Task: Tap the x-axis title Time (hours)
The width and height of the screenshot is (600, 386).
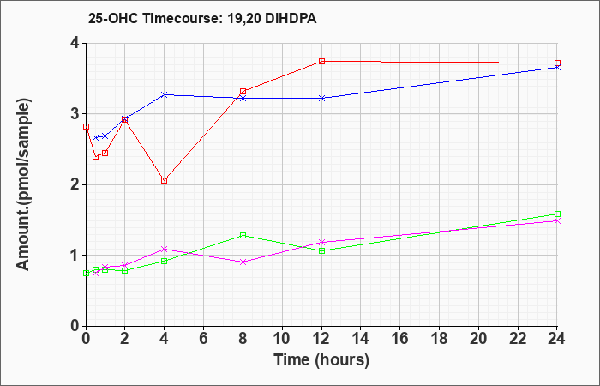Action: coord(321,360)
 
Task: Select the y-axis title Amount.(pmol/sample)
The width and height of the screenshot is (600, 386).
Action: coord(24,184)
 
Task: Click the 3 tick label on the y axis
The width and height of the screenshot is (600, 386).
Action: coord(75,114)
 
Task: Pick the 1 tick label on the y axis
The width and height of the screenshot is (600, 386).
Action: coord(75,256)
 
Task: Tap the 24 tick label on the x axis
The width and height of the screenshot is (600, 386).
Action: coord(557,339)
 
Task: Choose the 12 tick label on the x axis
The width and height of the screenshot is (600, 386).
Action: coord(321,339)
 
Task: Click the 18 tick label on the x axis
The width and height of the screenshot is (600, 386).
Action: coord(439,339)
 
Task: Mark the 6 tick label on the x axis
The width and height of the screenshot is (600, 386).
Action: coord(204,339)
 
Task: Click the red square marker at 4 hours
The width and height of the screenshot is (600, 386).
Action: coord(165,180)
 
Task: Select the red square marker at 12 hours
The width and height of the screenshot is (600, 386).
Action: coord(321,61)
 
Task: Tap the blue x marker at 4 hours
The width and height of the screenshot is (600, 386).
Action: coord(165,94)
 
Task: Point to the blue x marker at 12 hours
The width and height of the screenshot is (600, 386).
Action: coord(321,98)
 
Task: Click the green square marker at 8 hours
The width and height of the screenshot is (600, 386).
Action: coord(243,236)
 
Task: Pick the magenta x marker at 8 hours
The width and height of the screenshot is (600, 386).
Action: coord(243,262)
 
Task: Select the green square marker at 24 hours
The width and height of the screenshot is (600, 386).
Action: coord(557,214)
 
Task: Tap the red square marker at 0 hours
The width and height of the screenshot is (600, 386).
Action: coord(86,126)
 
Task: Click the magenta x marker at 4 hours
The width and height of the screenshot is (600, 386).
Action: coord(165,249)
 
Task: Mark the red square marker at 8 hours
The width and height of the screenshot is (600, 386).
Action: coord(243,92)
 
